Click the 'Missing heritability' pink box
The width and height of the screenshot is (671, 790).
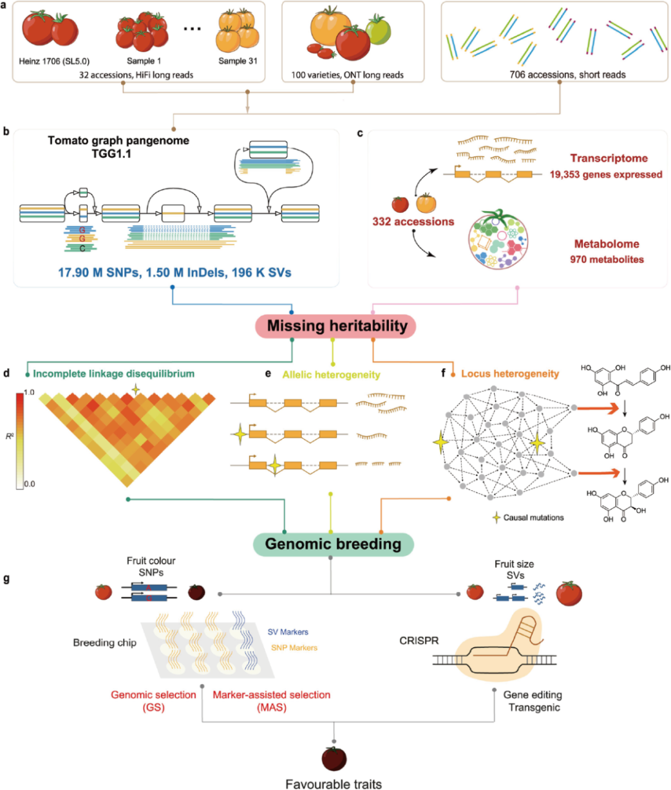[335, 326]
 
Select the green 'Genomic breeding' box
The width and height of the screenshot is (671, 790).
[333, 544]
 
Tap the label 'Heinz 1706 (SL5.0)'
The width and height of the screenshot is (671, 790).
[54, 61]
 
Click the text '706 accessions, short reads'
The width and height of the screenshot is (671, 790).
[567, 75]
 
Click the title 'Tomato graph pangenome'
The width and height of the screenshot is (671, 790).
[118, 141]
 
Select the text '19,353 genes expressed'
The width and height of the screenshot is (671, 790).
[606, 175]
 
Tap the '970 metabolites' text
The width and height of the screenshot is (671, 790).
[607, 259]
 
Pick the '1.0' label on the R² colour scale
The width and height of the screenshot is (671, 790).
[29, 392]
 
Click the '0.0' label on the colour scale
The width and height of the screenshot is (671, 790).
[30, 484]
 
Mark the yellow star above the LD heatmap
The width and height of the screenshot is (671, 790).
[135, 390]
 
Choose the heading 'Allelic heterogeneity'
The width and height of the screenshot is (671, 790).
[331, 374]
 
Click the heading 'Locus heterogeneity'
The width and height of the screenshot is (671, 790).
[510, 374]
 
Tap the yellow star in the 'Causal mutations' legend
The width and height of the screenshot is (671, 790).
[496, 518]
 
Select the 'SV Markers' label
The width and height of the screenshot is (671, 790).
[288, 632]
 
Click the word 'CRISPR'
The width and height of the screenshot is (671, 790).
[419, 641]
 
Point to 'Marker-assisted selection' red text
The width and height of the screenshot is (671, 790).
[272, 695]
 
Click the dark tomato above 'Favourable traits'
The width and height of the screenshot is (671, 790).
[334, 758]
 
